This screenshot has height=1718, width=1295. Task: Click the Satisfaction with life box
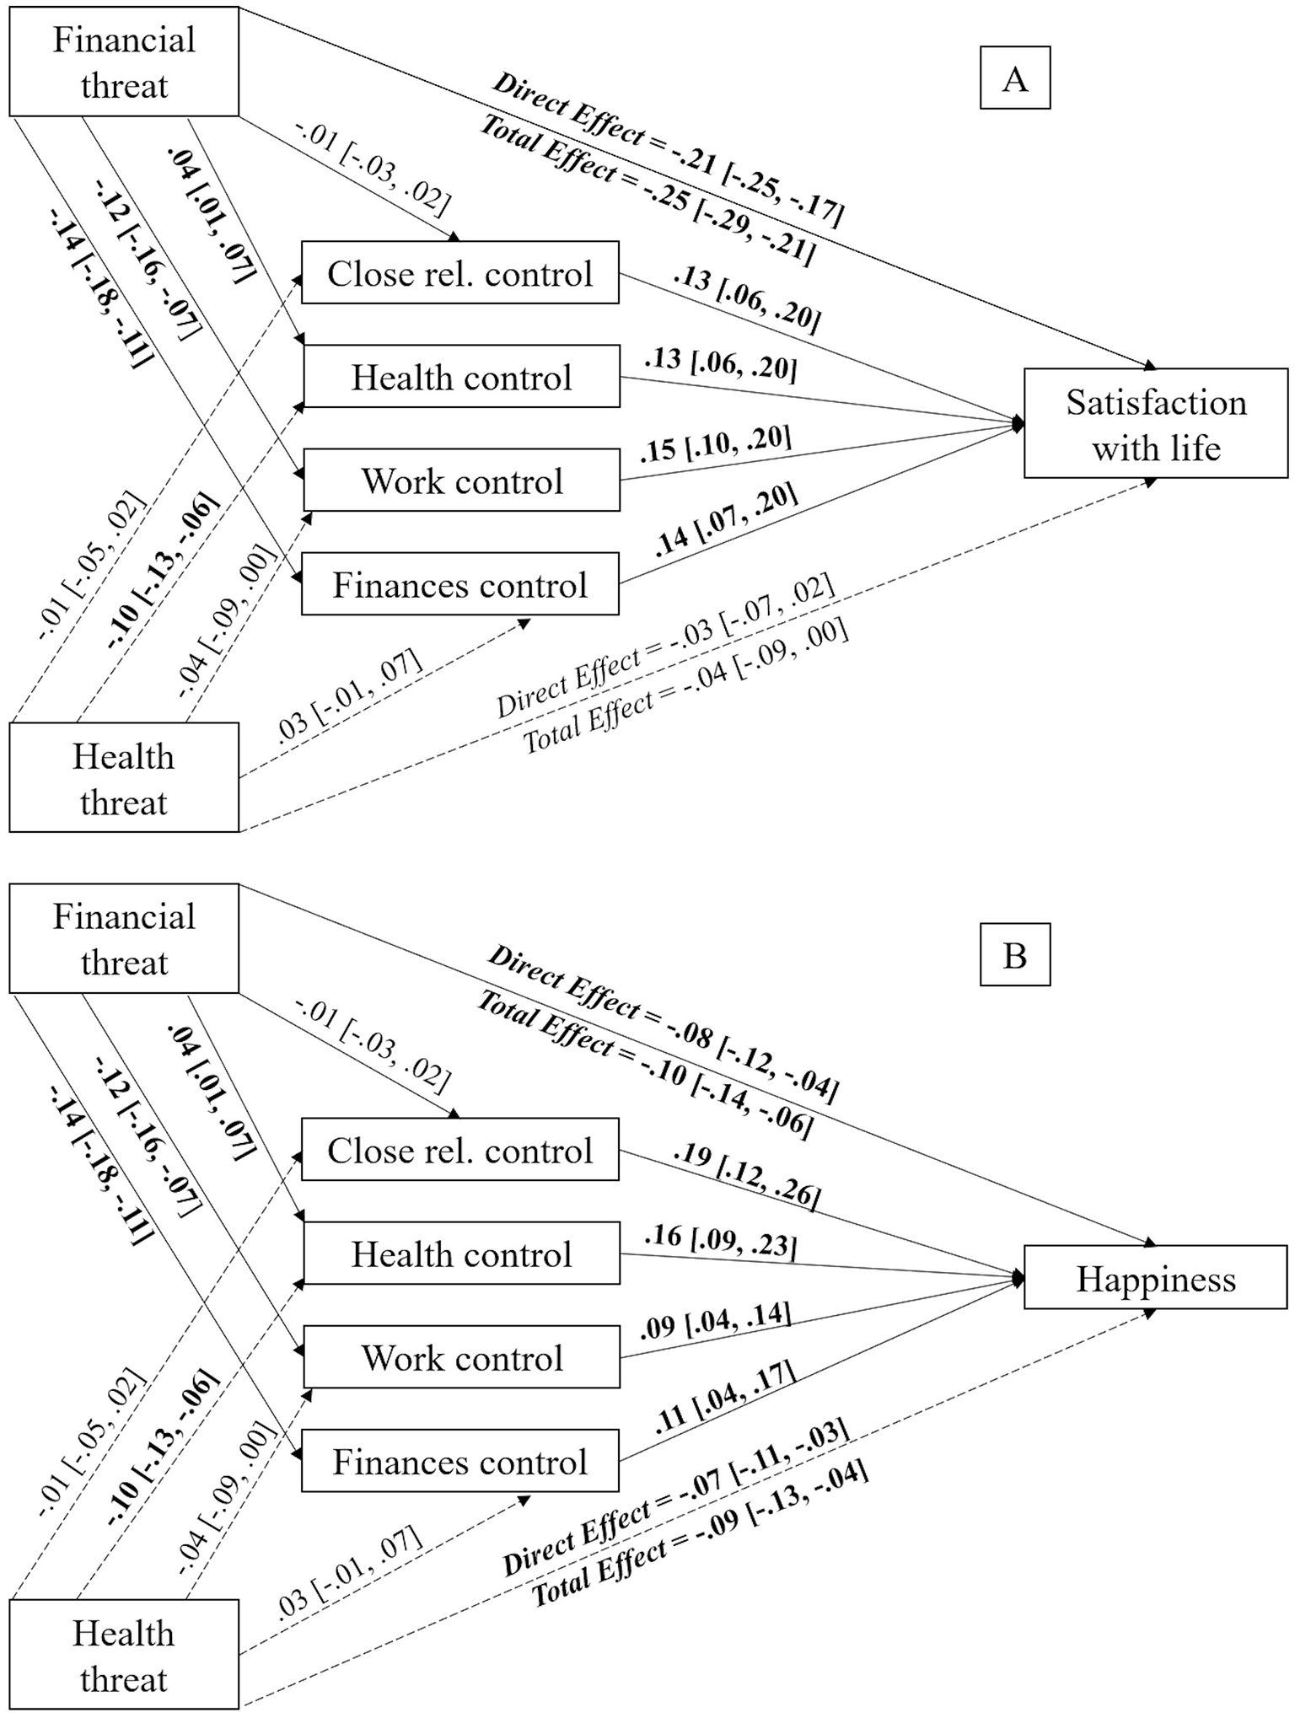[1156, 424]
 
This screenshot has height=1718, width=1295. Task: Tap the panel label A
[1015, 79]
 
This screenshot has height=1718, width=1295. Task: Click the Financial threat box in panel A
[124, 62]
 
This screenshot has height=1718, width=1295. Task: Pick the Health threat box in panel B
[124, 1656]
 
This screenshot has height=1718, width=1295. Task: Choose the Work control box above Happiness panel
[461, 1357]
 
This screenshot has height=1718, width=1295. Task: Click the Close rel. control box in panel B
[460, 1150]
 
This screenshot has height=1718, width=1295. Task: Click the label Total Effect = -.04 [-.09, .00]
[685, 688]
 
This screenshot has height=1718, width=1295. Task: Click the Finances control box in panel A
[460, 584]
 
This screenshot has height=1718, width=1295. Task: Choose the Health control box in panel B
[461, 1254]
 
